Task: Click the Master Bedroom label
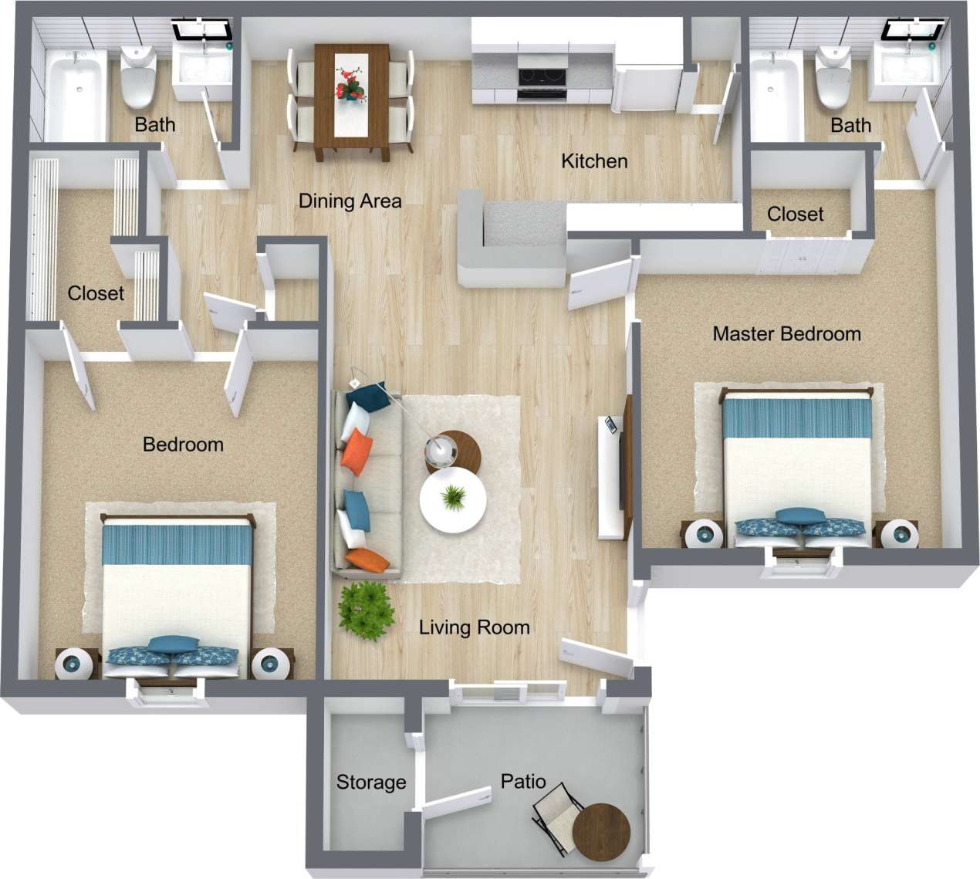pyautogui.click(x=786, y=334)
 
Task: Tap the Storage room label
pyautogui.click(x=371, y=783)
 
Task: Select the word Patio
pyautogui.click(x=523, y=781)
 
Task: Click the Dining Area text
pyautogui.click(x=350, y=201)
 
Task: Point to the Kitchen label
pyautogui.click(x=594, y=161)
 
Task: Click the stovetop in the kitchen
pyautogui.click(x=542, y=77)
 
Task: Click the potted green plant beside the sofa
pyautogui.click(x=363, y=609)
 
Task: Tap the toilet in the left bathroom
pyautogui.click(x=139, y=77)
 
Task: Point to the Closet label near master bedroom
pyautogui.click(x=795, y=214)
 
